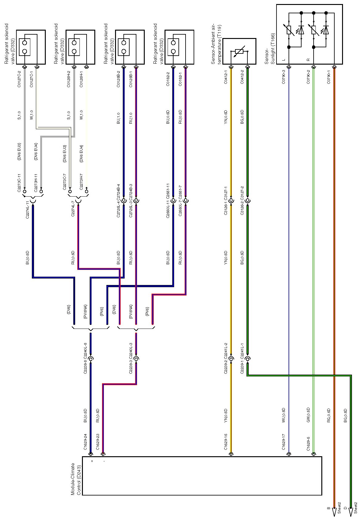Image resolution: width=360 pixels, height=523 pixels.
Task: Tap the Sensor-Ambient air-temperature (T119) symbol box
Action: point(239,51)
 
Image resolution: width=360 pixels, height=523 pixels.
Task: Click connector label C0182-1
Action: point(180,79)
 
